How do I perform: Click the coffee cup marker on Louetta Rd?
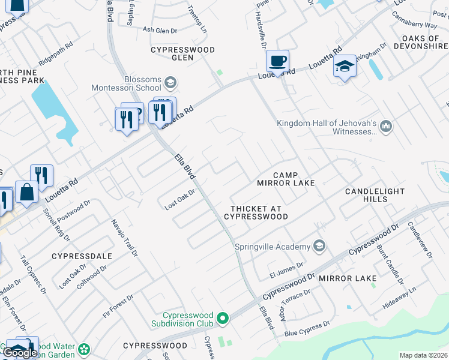[x=277, y=61]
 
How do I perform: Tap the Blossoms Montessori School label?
[x=126, y=83]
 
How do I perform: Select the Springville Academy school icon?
[x=319, y=246]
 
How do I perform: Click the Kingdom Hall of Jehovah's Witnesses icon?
[x=386, y=126]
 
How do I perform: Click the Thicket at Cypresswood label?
[x=256, y=212]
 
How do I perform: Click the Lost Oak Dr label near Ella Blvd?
[x=181, y=200]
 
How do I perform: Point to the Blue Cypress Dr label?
[x=307, y=328]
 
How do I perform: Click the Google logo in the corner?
[x=20, y=353]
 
